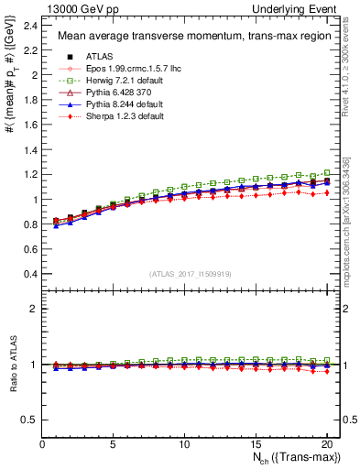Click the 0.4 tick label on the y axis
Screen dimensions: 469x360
tap(28, 274)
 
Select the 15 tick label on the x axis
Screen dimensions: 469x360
tap(256, 444)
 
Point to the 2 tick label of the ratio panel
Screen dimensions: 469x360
tap(33, 309)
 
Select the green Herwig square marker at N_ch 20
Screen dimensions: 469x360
tap(326, 172)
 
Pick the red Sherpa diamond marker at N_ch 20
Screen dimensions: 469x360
tap(326, 192)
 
